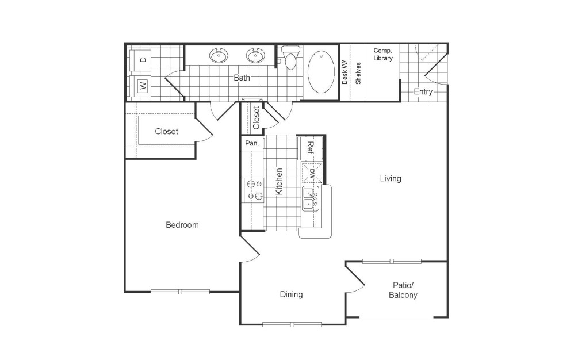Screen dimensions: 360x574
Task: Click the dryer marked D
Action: pyautogui.click(x=141, y=59)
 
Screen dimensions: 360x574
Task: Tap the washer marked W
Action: pyautogui.click(x=141, y=86)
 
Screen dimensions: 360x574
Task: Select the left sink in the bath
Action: pyautogui.click(x=219, y=56)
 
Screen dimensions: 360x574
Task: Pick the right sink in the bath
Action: pyautogui.click(x=255, y=56)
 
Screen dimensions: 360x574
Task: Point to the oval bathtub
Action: pyautogui.click(x=321, y=71)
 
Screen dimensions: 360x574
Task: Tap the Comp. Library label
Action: pyautogui.click(x=383, y=54)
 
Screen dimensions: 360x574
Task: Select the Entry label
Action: pyautogui.click(x=423, y=91)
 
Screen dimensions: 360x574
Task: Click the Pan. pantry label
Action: pyautogui.click(x=251, y=143)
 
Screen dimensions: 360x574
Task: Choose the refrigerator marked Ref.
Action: pyautogui.click(x=309, y=148)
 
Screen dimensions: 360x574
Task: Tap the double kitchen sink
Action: pyautogui.click(x=311, y=199)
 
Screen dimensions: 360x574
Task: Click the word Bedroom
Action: pyautogui.click(x=182, y=225)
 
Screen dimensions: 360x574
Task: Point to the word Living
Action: pyautogui.click(x=391, y=178)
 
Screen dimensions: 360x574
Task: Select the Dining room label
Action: pyautogui.click(x=291, y=294)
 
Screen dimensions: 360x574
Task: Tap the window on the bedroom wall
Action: pyautogui.click(x=180, y=292)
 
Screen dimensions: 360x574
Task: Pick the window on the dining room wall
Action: pyautogui.click(x=292, y=324)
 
